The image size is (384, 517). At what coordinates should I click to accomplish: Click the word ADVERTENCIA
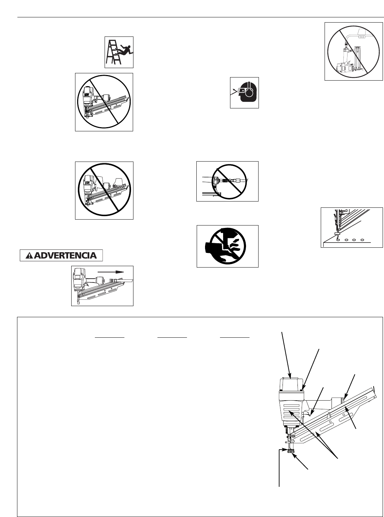point(66,255)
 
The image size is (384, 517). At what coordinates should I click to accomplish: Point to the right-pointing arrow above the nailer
point(111,271)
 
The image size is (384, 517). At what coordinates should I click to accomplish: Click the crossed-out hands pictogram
point(227,246)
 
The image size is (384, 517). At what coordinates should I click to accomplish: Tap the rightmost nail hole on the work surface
point(362,240)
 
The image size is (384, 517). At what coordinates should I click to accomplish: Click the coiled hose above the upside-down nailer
point(361,36)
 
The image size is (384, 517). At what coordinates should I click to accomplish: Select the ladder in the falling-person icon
point(114,52)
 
